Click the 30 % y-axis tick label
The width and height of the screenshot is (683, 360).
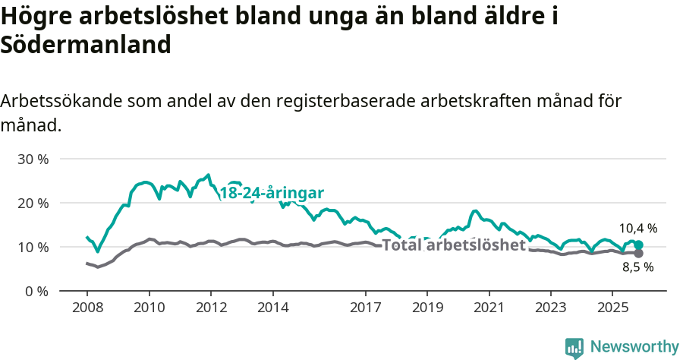click(x=33, y=159)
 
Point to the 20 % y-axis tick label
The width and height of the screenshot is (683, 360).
click(x=33, y=204)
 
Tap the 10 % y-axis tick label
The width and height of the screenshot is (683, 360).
click(x=33, y=248)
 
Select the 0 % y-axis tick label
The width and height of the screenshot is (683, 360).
click(x=36, y=292)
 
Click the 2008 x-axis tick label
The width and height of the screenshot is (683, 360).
click(x=87, y=308)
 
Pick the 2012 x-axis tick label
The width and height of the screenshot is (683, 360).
click(x=210, y=308)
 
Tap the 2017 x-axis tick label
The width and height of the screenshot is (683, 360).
click(x=365, y=308)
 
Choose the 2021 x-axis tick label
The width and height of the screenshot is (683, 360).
click(x=489, y=308)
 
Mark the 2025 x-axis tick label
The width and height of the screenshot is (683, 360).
click(x=612, y=308)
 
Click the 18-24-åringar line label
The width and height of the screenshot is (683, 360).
click(x=272, y=193)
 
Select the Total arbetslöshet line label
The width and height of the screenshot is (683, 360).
click(x=454, y=245)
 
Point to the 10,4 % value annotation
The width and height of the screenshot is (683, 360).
click(x=637, y=228)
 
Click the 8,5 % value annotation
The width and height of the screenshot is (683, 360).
click(x=637, y=267)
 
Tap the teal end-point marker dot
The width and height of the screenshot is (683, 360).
click(x=639, y=245)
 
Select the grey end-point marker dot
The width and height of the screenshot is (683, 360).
click(x=639, y=253)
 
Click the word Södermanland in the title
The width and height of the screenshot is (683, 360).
click(x=86, y=44)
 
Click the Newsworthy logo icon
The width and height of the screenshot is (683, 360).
click(x=574, y=348)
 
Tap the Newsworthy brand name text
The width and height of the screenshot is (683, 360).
click(x=634, y=347)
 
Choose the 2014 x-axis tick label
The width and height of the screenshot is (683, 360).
click(x=272, y=308)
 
